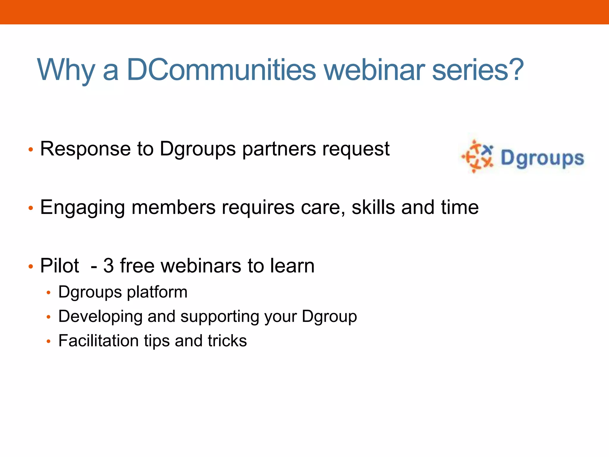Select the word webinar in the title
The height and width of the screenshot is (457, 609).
coord(374,70)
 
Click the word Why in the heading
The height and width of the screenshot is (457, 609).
coord(66,70)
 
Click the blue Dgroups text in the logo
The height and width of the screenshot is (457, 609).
coord(542,158)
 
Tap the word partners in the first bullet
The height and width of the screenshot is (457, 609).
coord(279,149)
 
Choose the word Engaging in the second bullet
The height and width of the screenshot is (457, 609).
coord(82,207)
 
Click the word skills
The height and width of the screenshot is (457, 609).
coord(373,207)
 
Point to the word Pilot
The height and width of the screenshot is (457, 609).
coord(59,265)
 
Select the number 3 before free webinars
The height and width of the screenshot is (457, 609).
coord(108,265)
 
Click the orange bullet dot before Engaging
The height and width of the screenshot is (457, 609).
coord(31,208)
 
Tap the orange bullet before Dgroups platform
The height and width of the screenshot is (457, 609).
coord(49,293)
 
